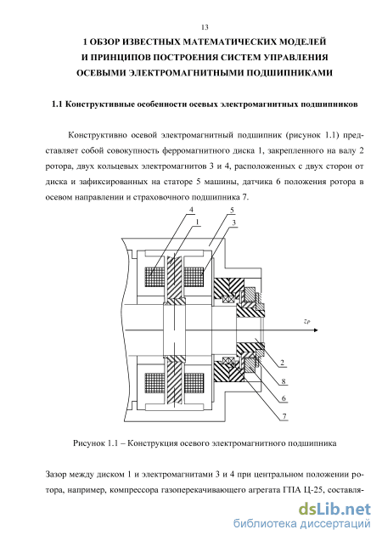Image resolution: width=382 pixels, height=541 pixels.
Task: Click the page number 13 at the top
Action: pyautogui.click(x=205, y=27)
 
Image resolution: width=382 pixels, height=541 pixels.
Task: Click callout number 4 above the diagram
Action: pyautogui.click(x=191, y=210)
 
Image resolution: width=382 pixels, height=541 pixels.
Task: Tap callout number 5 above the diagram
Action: pyautogui.click(x=232, y=210)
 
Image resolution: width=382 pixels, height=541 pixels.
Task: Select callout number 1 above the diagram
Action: pyautogui.click(x=198, y=223)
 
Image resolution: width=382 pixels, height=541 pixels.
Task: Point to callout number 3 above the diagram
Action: pyautogui.click(x=234, y=223)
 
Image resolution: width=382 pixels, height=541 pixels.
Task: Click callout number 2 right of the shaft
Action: pyautogui.click(x=283, y=363)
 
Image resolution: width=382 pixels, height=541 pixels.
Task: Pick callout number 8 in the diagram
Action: pyautogui.click(x=284, y=381)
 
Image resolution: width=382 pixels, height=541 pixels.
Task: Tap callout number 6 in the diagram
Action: pyautogui.click(x=284, y=398)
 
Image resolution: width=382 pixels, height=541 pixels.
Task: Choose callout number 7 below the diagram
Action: pyautogui.click(x=284, y=416)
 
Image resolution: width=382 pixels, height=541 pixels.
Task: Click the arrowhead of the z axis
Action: pyautogui.click(x=316, y=330)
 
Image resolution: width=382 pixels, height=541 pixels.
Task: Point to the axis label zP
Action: pyautogui.click(x=306, y=322)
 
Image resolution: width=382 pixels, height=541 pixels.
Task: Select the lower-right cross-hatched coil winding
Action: pyautogui.click(x=194, y=383)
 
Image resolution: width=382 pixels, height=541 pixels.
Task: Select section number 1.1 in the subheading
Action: pyautogui.click(x=57, y=104)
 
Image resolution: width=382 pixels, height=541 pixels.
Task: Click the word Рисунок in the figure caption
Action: pyautogui.click(x=89, y=442)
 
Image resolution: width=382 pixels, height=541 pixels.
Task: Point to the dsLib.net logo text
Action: pyautogui.click(x=334, y=510)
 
